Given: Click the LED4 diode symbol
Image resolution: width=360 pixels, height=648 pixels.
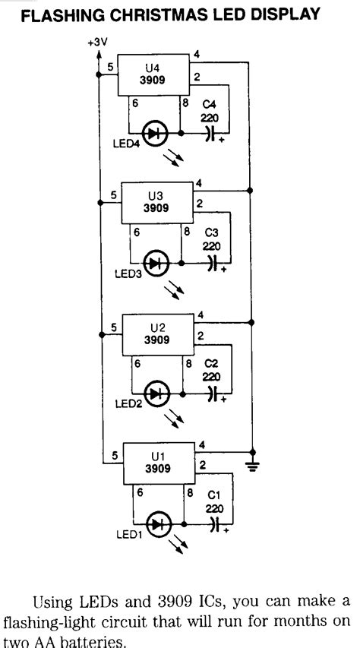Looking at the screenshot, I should pyautogui.click(x=158, y=134).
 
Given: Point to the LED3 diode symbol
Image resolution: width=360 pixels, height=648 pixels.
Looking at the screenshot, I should pyautogui.click(x=158, y=264).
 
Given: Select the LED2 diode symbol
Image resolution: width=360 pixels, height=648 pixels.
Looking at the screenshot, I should pyautogui.click(x=158, y=394).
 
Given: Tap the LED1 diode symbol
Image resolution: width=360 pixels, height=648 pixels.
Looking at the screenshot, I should pyautogui.click(x=158, y=524).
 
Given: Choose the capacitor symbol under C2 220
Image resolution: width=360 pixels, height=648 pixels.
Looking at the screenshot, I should pyautogui.click(x=213, y=394).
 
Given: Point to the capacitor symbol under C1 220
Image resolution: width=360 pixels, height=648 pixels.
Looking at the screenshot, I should pyautogui.click(x=213, y=524).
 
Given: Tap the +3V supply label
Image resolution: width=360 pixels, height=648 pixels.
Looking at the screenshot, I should pyautogui.click(x=96, y=43).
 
